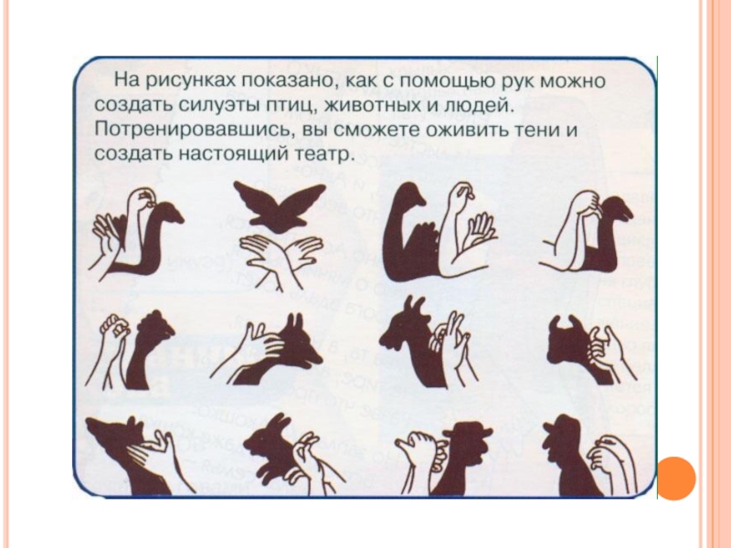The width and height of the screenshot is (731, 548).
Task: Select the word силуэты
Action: coord(220,105)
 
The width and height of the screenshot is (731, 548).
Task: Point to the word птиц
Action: coord(291,106)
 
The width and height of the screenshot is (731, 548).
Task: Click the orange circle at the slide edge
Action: coord(675,478)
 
